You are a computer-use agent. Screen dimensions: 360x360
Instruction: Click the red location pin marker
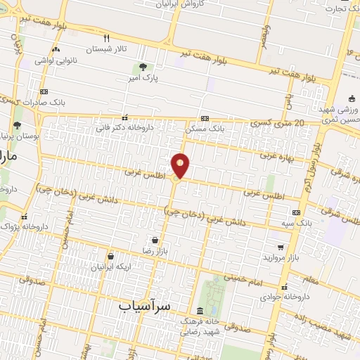(x=181, y=165)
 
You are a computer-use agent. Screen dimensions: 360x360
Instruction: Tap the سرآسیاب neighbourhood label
(x=145, y=306)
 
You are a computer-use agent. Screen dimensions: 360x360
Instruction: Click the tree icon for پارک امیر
(x=144, y=67)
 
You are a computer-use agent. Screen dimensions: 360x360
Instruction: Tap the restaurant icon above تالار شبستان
(x=107, y=38)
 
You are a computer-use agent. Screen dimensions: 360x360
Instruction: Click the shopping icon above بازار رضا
(x=155, y=240)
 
